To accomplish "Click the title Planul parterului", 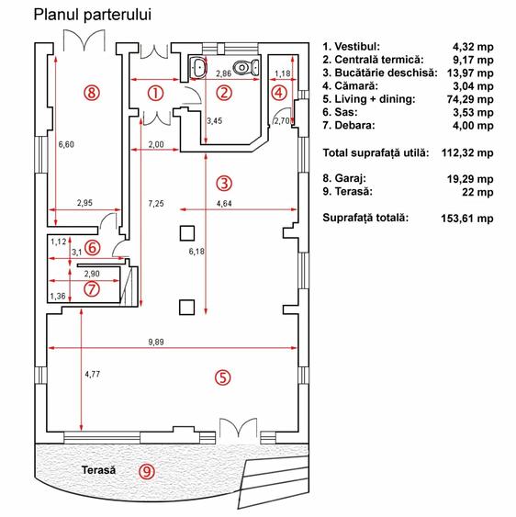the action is coord(93,16).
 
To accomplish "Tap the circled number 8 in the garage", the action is coord(92,93).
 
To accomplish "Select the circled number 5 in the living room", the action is coord(223,377).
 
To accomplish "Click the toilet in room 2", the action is coord(246,67).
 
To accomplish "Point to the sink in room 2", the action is coord(198,67).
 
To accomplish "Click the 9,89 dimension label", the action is coord(156,342).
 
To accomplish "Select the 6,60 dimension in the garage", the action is coord(66,144).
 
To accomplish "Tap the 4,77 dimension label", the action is coord(93,375).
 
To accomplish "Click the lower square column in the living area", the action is coord(187,308).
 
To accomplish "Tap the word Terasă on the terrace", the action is coord(98,470).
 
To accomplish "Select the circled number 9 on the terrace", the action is coord(147,471).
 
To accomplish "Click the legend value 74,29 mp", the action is coord(470,99).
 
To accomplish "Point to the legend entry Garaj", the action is coord(344,178).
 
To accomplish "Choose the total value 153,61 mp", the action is coord(467,219).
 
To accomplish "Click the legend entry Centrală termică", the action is coord(373,60).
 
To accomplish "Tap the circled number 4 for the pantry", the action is coord(279,93).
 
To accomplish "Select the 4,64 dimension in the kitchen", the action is coord(224,204).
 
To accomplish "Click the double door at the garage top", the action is coord(84,40).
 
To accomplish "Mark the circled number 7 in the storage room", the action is coord(92,289).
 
